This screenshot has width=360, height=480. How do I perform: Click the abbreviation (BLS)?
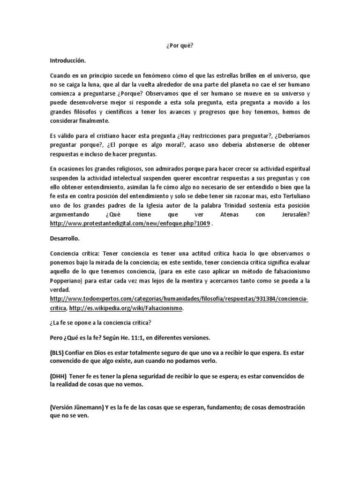click(x=60, y=352)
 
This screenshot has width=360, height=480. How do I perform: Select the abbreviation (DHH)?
click(x=60, y=377)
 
